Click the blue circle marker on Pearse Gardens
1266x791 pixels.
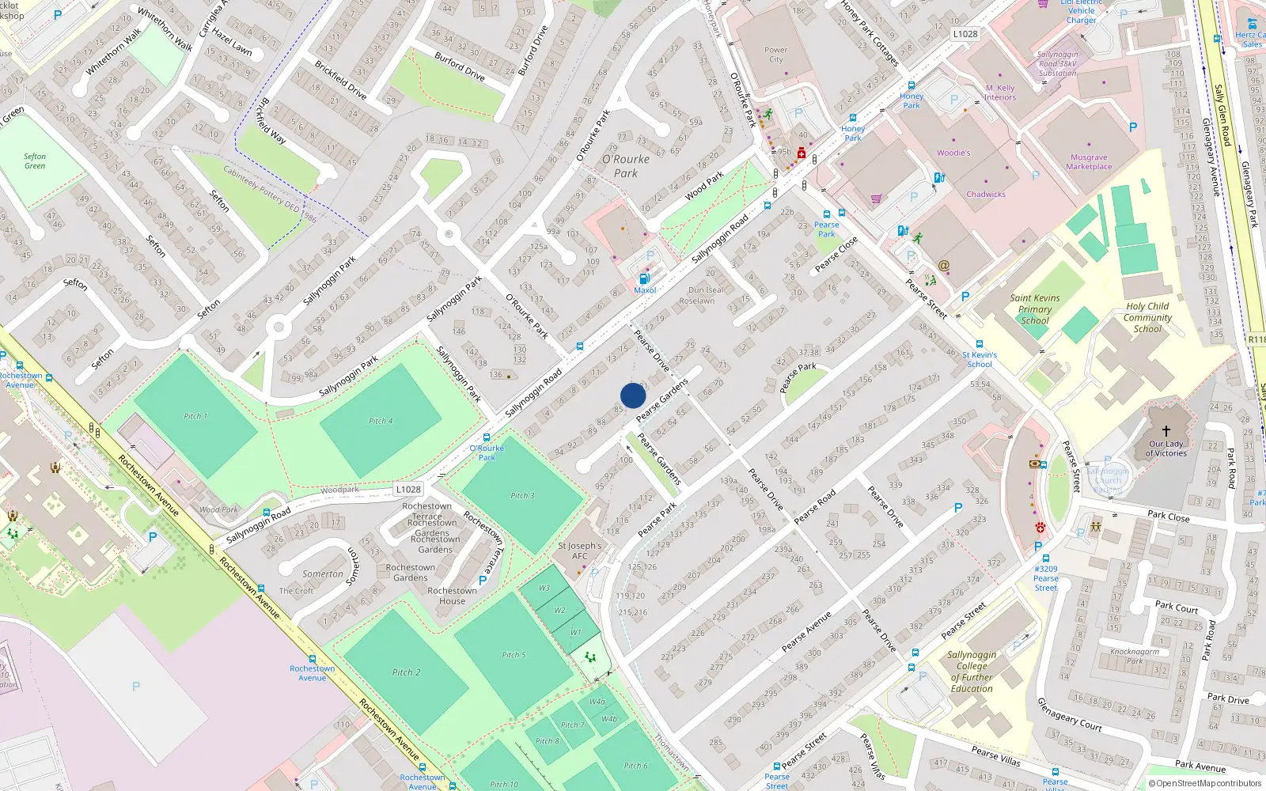(633, 395)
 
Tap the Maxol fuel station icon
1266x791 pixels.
(644, 278)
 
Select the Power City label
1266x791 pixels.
(775, 55)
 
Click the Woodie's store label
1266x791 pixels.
(953, 153)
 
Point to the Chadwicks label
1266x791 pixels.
(985, 194)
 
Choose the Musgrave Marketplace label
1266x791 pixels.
(1089, 162)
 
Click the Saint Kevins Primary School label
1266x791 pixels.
(1034, 309)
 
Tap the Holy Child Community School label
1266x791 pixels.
(1147, 317)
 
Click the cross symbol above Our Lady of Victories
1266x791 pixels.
(1166, 431)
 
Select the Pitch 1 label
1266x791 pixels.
(195, 416)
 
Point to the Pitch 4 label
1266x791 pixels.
(381, 421)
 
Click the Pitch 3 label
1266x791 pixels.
(522, 496)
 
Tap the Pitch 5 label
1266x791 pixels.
(513, 655)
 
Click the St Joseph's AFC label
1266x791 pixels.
(580, 551)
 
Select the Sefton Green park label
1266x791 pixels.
(35, 161)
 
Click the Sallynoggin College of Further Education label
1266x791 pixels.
(972, 672)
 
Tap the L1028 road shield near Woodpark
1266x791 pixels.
(408, 490)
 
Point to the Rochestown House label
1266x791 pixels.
(452, 596)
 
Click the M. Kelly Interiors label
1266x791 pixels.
(1000, 93)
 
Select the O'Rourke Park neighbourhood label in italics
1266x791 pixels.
(626, 166)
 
